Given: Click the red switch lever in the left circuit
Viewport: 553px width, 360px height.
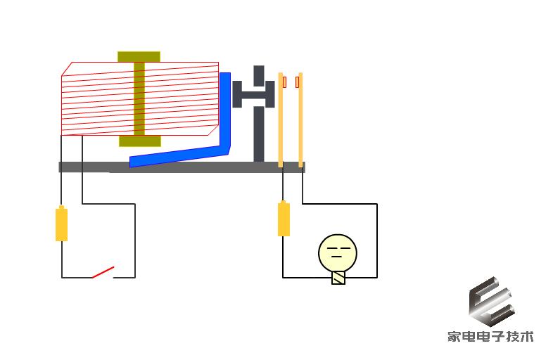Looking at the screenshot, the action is tap(103, 272).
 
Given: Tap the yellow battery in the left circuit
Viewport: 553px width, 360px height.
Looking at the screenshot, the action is tap(62, 224).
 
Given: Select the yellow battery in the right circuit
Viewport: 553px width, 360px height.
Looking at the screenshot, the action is tap(284, 219).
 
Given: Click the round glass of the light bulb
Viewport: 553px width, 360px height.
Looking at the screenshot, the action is tap(338, 253).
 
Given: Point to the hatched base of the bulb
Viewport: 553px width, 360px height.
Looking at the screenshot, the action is tap(338, 278).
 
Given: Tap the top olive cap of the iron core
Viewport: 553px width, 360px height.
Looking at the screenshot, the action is tap(139, 57).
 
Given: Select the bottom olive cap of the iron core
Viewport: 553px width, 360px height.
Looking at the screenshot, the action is tap(140, 141).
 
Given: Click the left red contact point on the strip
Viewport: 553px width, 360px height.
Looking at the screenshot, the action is tap(284, 82).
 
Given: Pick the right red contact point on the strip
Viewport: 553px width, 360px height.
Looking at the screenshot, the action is tap(298, 82).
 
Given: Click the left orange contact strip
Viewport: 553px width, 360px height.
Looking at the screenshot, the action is tap(281, 120).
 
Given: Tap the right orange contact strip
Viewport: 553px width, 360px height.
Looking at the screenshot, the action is tap(300, 120).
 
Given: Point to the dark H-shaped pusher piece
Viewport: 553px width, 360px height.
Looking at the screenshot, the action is tap(253, 94).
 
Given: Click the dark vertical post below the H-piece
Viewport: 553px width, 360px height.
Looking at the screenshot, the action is tap(259, 134).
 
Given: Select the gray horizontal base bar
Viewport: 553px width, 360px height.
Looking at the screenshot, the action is tap(182, 167).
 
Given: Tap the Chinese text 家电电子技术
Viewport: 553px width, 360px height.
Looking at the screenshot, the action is tap(491, 336).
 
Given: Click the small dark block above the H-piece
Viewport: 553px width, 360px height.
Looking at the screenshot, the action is tap(259, 75).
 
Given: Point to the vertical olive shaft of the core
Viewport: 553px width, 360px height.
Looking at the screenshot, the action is tap(139, 99).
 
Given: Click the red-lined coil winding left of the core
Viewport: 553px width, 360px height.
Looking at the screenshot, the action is tap(98, 99).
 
